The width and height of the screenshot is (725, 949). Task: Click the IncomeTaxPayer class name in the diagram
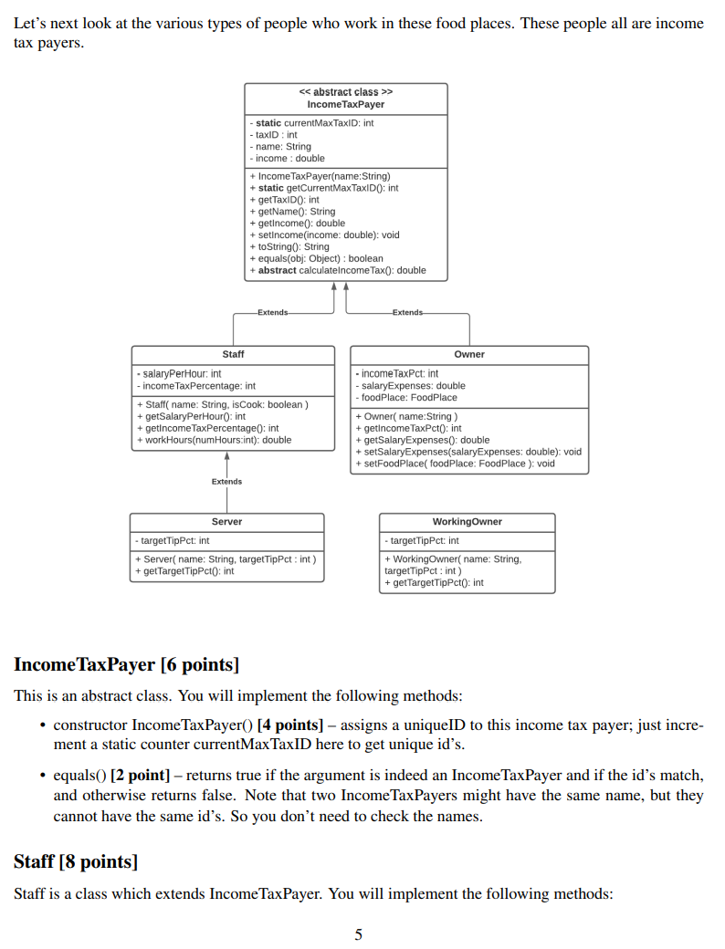(x=345, y=105)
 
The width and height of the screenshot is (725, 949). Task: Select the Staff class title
(x=233, y=354)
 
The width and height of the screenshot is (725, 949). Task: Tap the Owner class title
(x=469, y=354)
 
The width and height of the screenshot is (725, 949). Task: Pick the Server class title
(x=226, y=522)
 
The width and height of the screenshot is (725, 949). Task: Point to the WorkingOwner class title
(x=467, y=522)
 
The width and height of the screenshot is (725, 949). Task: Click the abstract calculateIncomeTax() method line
(x=337, y=270)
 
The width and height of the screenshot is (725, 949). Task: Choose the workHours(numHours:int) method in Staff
(x=213, y=440)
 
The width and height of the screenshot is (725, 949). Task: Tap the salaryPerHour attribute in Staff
(x=178, y=374)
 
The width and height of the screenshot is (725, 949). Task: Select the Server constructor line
(x=225, y=559)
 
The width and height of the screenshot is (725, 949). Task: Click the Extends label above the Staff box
(x=272, y=313)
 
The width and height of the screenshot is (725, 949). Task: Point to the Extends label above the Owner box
(x=407, y=313)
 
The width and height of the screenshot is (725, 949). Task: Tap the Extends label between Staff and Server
(x=226, y=482)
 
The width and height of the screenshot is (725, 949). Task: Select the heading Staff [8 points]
(x=76, y=861)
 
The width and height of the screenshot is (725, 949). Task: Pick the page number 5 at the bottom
(x=358, y=934)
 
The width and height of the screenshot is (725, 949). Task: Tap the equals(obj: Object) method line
(x=316, y=258)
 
